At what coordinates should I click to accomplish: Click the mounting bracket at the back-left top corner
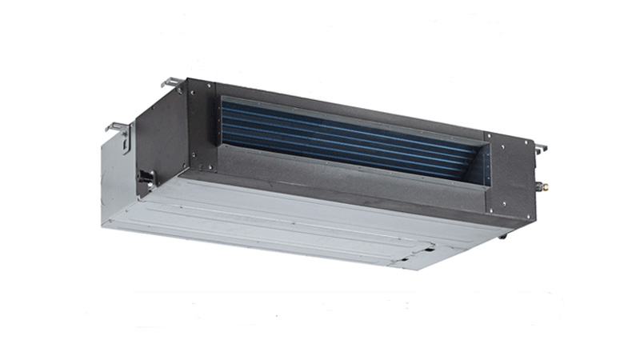[x=170, y=82]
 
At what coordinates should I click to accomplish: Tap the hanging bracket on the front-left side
[x=118, y=130]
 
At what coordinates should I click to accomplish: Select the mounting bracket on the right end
[x=541, y=148]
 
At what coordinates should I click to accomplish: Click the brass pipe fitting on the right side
[x=546, y=188]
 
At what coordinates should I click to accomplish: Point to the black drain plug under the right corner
[x=503, y=235]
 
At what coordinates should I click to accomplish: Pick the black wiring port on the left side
[x=146, y=177]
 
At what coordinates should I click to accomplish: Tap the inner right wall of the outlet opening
[x=485, y=164]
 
